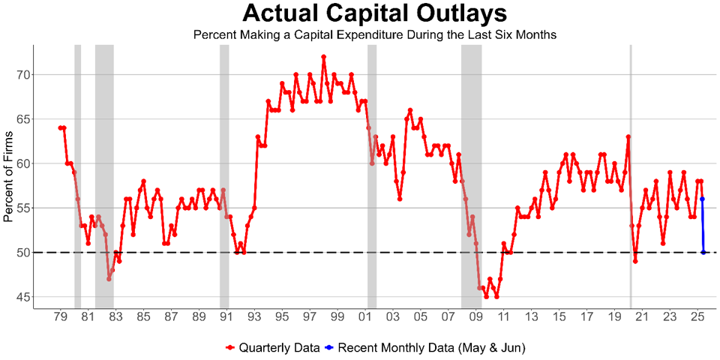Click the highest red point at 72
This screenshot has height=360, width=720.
[x=323, y=57]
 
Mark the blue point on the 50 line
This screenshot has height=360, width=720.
[x=703, y=253]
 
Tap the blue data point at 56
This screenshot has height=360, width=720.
[x=702, y=199]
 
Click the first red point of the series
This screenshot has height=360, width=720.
[x=60, y=128]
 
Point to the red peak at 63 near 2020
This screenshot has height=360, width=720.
[x=628, y=137]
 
